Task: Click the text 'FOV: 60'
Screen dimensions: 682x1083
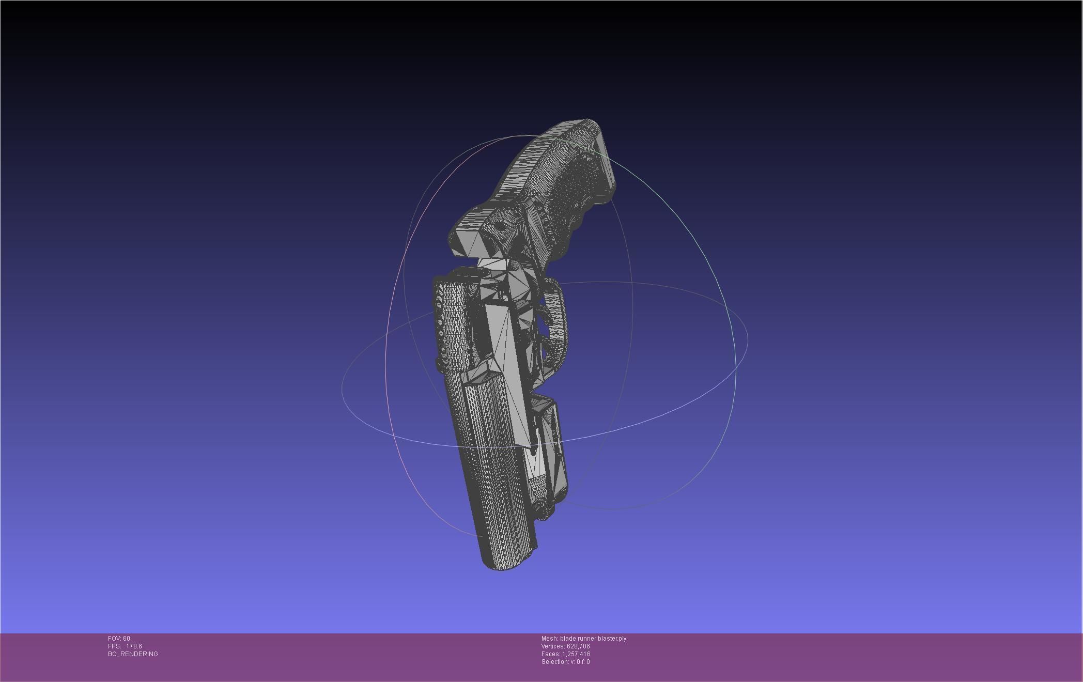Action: (119, 639)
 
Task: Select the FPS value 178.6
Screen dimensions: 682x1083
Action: (134, 646)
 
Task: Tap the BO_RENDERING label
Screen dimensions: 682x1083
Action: (133, 654)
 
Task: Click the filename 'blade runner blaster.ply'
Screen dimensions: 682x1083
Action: (593, 639)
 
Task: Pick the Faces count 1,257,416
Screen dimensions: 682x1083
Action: (576, 654)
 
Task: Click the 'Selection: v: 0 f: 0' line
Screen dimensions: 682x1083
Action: (565, 662)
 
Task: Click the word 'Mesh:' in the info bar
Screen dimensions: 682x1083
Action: (549, 639)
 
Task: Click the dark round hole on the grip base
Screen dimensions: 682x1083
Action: (500, 226)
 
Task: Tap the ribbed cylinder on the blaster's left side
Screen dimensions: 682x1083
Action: (453, 323)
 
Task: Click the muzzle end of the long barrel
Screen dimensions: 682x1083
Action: (504, 563)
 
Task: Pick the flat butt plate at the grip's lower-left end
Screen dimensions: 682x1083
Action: (468, 243)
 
